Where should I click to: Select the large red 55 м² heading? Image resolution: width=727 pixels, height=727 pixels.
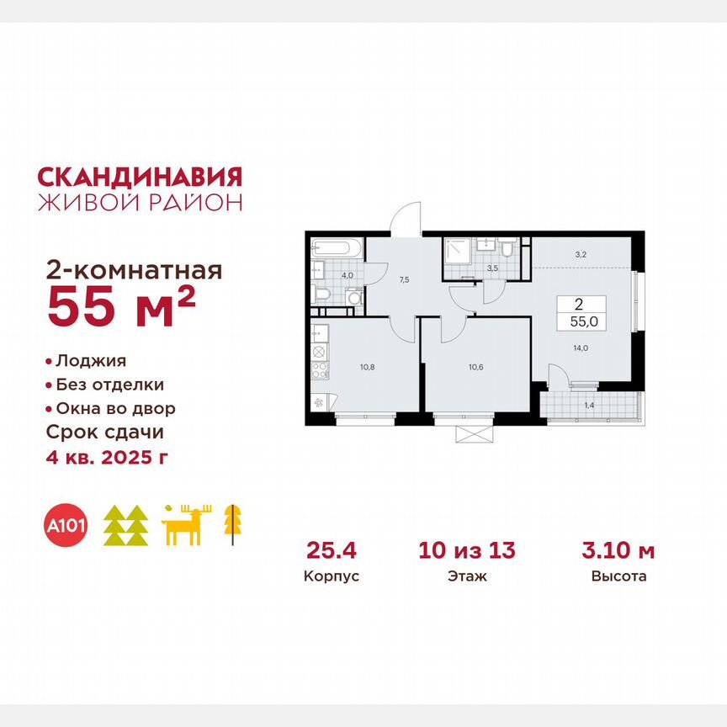(x=122, y=306)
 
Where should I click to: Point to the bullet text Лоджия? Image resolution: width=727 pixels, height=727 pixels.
(x=90, y=361)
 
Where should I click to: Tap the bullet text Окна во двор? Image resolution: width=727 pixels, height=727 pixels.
(x=115, y=409)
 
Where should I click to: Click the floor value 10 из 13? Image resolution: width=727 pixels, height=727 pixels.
(x=466, y=551)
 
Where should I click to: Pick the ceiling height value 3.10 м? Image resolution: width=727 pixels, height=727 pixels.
(x=618, y=551)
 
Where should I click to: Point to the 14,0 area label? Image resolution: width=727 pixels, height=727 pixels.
(x=580, y=358)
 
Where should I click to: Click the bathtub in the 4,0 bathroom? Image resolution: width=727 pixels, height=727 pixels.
(x=336, y=248)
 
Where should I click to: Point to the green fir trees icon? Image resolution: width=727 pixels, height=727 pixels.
(x=125, y=526)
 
